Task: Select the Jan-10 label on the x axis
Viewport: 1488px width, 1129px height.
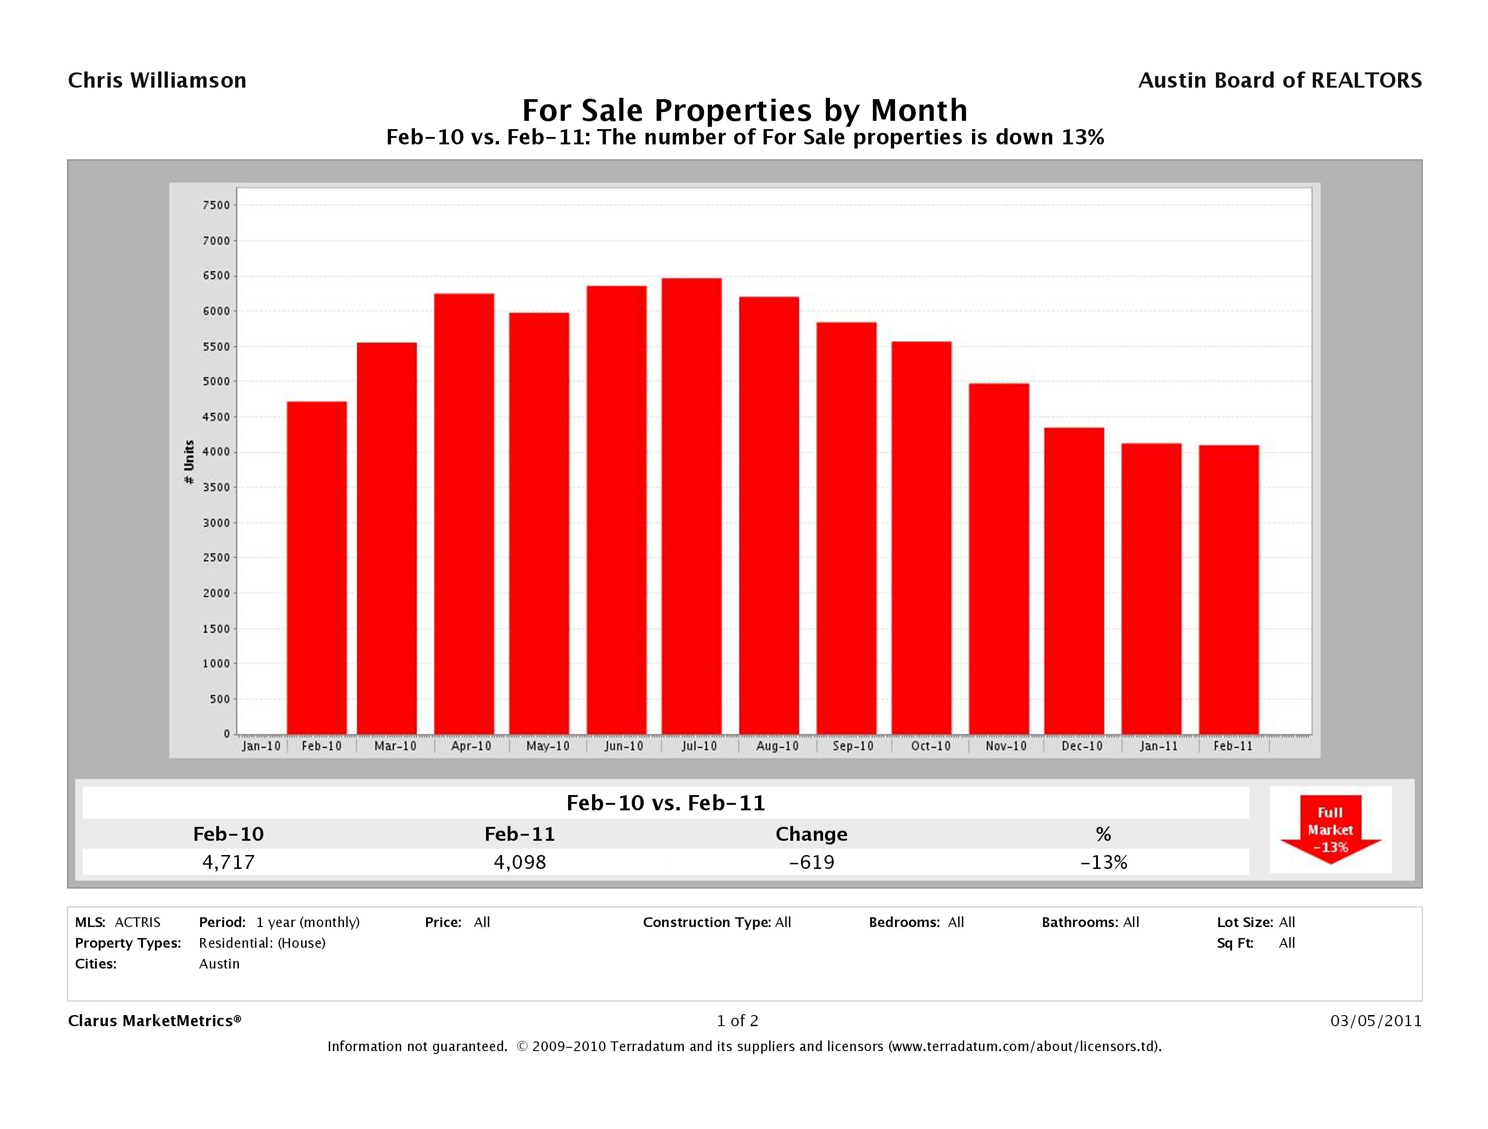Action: tap(261, 746)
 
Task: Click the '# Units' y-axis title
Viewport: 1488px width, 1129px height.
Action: tap(189, 462)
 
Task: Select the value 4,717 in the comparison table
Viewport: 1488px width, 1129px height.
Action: tap(229, 862)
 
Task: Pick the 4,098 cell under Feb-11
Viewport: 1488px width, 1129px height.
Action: tap(520, 862)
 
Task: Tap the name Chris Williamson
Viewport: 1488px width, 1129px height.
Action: tap(157, 81)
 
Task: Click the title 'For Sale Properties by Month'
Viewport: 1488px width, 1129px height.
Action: tap(745, 110)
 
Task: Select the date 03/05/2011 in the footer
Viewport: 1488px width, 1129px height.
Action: tap(1375, 1022)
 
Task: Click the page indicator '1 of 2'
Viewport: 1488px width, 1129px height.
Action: tap(737, 1022)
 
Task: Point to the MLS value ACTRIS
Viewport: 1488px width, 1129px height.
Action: tap(137, 922)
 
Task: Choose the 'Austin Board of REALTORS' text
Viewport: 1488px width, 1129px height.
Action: tap(1280, 81)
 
